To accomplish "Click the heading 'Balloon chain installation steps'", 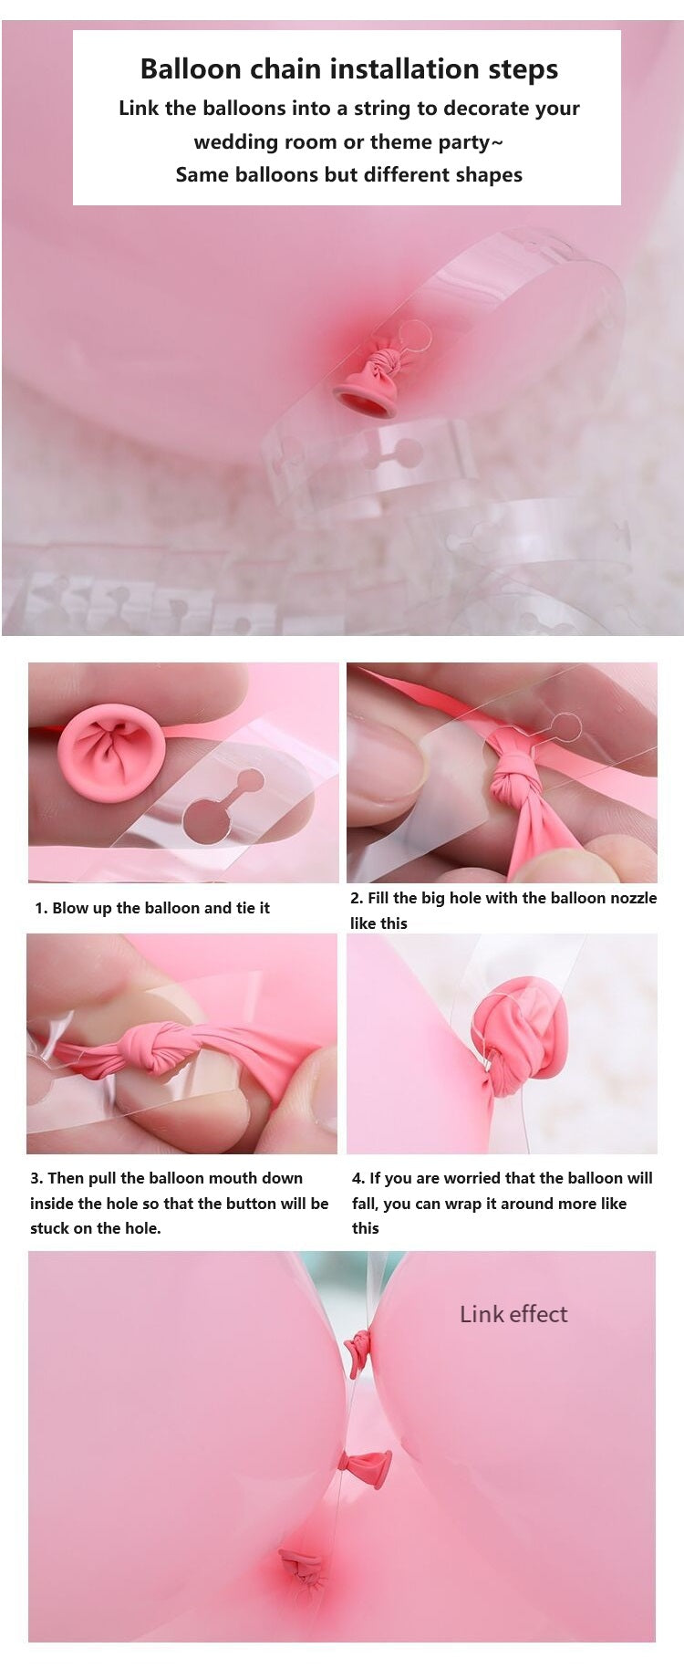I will coord(348,69).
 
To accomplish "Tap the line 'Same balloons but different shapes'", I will coord(348,175).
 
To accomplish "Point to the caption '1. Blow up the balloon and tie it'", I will coord(152,908).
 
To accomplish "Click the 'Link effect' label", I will coord(513,1314).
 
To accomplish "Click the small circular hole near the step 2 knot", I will coord(565,727).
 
